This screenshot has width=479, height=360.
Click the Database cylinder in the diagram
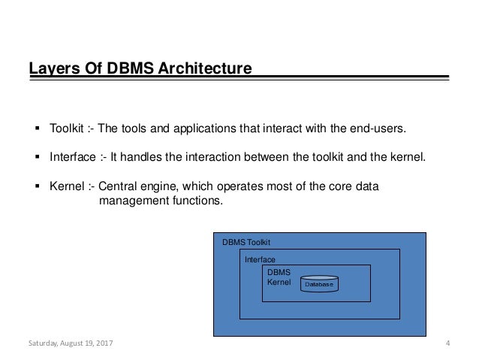[x=319, y=284]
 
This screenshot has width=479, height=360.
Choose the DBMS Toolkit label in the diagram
[x=246, y=242]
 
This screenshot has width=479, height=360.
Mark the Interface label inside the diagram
[x=260, y=259]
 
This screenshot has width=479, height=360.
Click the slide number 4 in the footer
[x=447, y=345]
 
